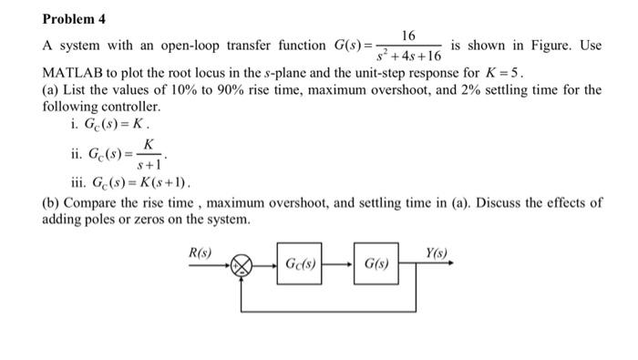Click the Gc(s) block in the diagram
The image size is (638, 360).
point(301,265)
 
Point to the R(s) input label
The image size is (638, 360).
point(199,252)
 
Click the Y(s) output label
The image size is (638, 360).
point(436,252)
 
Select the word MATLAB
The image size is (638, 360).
point(74,71)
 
